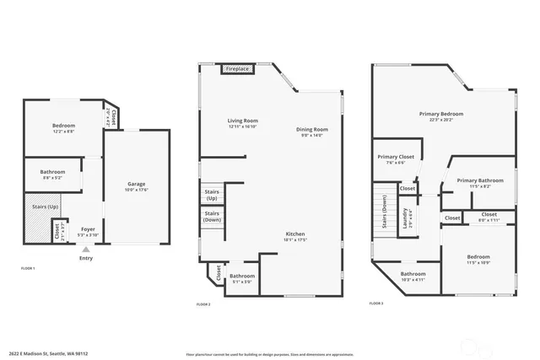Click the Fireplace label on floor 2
click(x=237, y=68)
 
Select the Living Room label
click(x=242, y=121)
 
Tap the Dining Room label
click(x=311, y=129)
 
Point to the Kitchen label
click(x=294, y=234)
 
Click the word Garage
click(x=137, y=184)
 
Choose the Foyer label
click(x=89, y=228)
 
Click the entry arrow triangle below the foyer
click(x=85, y=250)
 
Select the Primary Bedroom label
click(x=441, y=114)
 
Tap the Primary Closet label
click(x=395, y=157)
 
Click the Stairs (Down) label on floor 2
click(x=212, y=216)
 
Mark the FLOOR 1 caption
click(x=27, y=268)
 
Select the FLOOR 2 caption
click(x=202, y=304)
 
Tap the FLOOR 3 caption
click(x=376, y=304)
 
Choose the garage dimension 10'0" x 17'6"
click(x=137, y=190)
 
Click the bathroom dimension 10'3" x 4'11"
click(x=413, y=279)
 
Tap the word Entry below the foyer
click(x=85, y=258)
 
